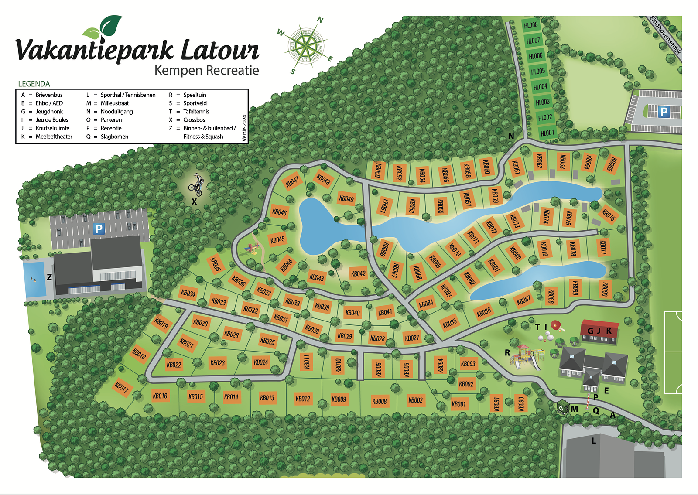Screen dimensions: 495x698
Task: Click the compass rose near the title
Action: tap(307, 45)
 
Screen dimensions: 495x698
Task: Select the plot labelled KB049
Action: tap(346, 199)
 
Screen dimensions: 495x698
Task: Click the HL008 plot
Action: tap(530, 25)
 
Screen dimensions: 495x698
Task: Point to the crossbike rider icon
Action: tap(196, 185)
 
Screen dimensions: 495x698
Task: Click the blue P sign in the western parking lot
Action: tap(99, 229)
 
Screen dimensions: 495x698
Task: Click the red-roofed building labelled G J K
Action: tap(599, 331)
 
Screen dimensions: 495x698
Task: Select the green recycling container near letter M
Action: tap(562, 408)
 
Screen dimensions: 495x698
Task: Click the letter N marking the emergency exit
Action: tap(511, 136)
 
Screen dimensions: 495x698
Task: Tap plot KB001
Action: tap(458, 404)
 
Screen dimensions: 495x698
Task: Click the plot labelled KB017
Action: tap(122, 387)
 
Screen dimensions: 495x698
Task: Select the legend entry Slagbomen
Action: tap(114, 137)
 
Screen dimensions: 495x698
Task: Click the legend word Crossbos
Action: tap(194, 120)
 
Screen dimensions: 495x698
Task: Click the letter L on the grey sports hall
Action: tap(593, 441)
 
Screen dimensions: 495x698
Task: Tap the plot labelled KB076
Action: tap(608, 214)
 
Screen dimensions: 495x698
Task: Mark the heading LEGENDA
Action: tap(34, 84)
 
